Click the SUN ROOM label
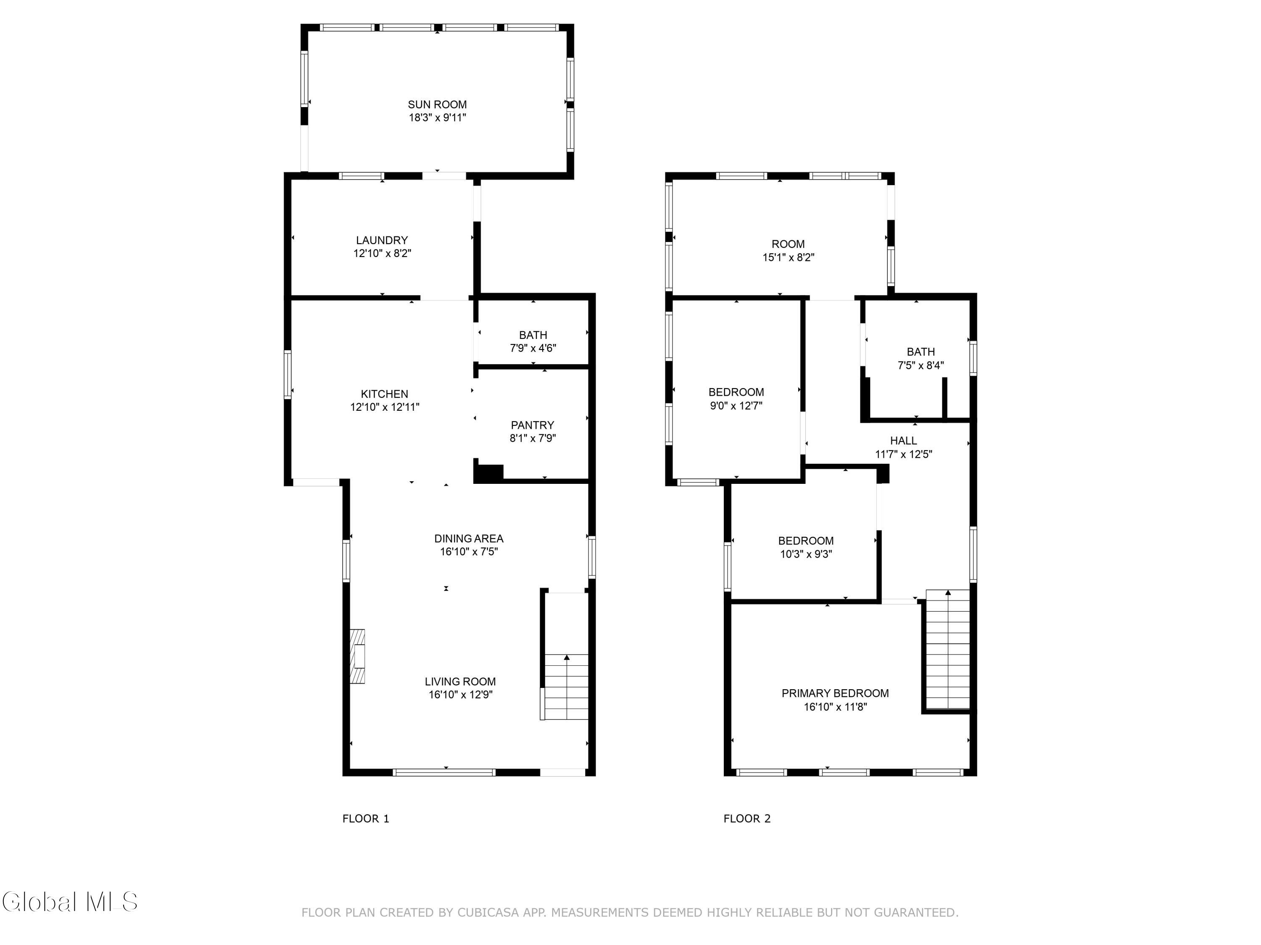437,105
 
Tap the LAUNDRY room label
382,240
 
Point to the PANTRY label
533,425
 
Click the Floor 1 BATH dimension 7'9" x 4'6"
533,348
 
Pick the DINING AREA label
469,538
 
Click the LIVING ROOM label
460,681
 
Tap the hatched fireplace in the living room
357,656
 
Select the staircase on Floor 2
947,649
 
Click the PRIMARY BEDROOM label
835,693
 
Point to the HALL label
904,441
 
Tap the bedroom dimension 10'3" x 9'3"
806,554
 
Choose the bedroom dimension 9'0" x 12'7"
736,406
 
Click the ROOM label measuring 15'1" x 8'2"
789,244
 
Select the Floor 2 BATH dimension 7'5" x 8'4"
921,365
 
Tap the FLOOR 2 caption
747,819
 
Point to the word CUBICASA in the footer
488,913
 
